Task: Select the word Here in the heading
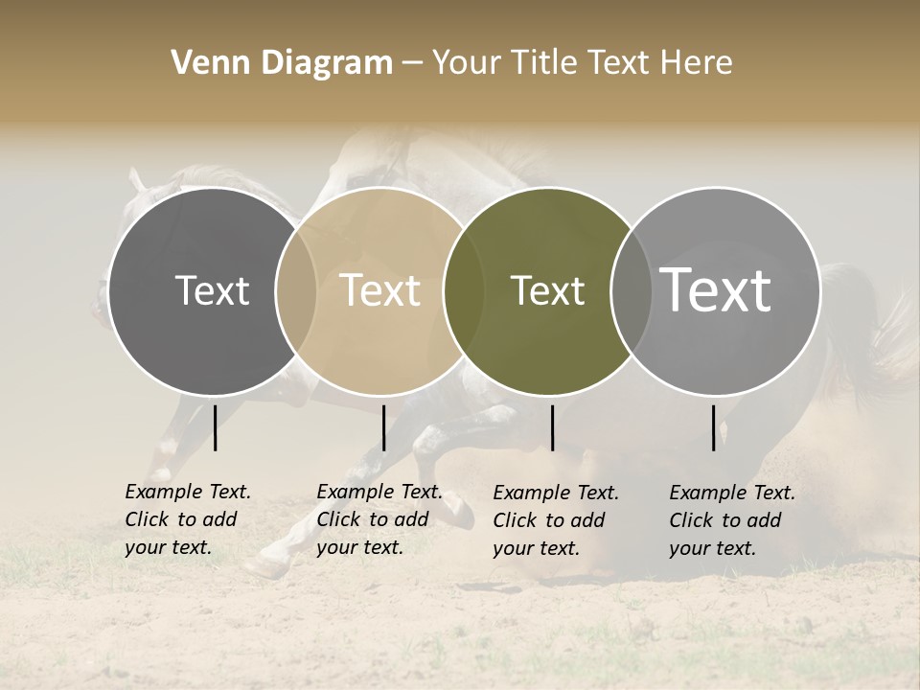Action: click(x=697, y=63)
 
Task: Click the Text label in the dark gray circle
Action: click(x=212, y=290)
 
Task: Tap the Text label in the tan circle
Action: click(x=379, y=290)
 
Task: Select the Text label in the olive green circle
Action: click(x=547, y=290)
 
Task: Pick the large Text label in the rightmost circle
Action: click(x=716, y=290)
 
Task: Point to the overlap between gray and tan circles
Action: click(x=296, y=291)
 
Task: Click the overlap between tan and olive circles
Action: click(x=464, y=291)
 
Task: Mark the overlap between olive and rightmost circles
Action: click(x=632, y=291)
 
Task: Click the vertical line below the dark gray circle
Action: click(x=215, y=427)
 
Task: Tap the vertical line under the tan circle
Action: click(x=383, y=427)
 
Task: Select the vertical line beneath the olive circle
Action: click(x=552, y=427)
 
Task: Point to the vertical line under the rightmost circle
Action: click(x=713, y=427)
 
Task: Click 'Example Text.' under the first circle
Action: click(x=188, y=492)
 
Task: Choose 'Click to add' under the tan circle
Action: click(x=372, y=519)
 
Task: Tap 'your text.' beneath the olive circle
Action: click(x=536, y=548)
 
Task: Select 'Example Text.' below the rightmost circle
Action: click(x=732, y=493)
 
